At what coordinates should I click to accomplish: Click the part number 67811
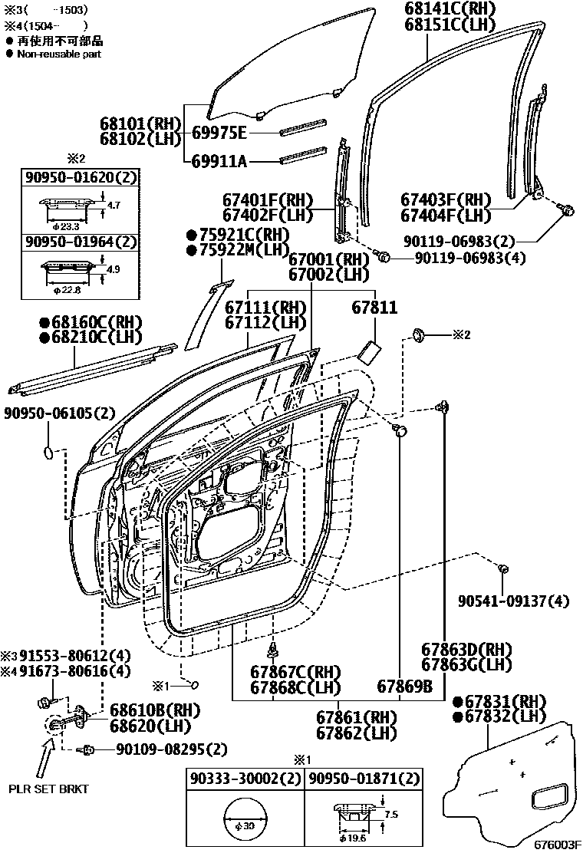click(x=374, y=308)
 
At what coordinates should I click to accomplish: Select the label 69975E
click(x=219, y=133)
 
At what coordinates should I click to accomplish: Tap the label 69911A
click(x=219, y=161)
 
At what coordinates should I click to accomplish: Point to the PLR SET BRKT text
click(x=44, y=789)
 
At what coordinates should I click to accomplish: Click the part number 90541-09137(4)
click(x=514, y=601)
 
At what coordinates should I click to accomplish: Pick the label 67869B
click(x=404, y=686)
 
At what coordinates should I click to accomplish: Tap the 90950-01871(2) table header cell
click(x=364, y=779)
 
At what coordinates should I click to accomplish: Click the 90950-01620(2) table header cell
click(x=81, y=178)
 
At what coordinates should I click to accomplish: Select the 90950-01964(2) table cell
click(x=81, y=242)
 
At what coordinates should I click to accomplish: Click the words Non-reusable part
click(x=58, y=54)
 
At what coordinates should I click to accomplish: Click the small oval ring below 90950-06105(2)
click(x=47, y=452)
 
